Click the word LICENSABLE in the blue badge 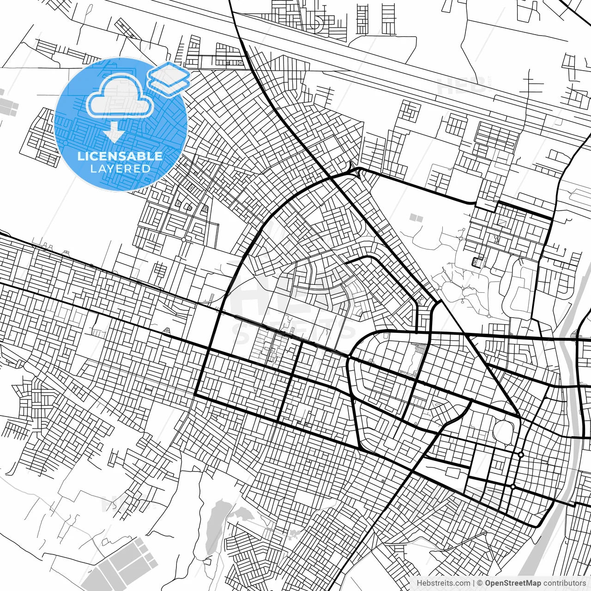[120, 156]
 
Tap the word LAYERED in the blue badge [120, 169]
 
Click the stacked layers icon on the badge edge [169, 78]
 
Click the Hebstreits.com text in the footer [443, 583]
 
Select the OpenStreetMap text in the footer [513, 583]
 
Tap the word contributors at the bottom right [564, 583]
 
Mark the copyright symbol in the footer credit [480, 583]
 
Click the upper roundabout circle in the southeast [521, 455]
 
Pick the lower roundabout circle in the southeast [513, 487]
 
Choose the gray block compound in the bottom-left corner [125, 563]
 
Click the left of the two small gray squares [412, 217]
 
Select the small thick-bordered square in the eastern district [476, 261]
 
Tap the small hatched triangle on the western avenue [167, 331]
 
